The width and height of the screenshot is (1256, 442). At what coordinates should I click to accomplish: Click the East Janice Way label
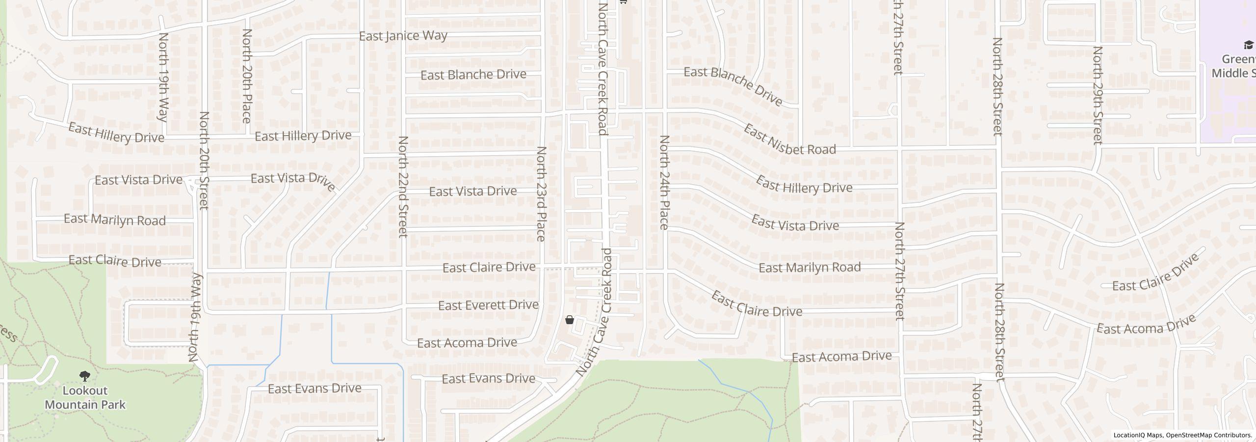click(403, 36)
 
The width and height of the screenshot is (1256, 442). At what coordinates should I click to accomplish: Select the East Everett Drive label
click(488, 305)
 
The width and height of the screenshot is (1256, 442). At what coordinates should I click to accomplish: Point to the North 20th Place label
click(247, 76)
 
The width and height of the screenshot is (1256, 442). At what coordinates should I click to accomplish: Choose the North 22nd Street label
click(403, 187)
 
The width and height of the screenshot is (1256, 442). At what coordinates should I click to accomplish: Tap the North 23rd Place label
click(541, 193)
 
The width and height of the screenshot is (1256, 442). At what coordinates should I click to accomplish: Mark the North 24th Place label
click(664, 183)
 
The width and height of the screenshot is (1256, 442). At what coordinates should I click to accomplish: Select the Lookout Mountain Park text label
click(85, 398)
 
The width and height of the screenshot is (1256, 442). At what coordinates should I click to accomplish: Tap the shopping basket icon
click(570, 320)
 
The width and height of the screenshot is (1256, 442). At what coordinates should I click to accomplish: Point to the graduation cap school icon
click(1248, 46)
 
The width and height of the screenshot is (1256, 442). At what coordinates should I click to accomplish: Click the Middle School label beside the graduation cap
click(1233, 66)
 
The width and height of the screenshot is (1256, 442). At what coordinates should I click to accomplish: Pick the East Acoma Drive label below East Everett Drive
click(467, 342)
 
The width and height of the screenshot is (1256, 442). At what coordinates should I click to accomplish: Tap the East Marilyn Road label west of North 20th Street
click(115, 220)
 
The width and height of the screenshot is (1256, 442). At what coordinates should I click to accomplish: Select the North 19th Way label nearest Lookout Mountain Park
click(195, 317)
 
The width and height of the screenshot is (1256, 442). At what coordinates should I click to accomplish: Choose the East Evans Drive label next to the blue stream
click(314, 388)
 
